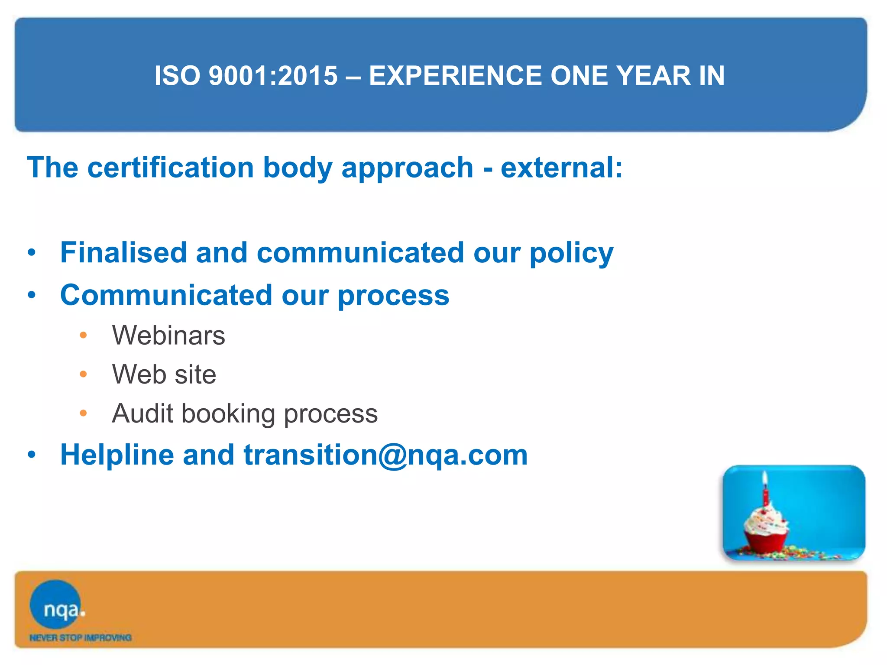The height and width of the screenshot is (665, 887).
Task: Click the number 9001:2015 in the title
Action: tap(273, 76)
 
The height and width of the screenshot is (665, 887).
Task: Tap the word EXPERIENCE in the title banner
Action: tap(455, 76)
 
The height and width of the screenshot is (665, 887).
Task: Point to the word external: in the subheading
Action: tap(561, 168)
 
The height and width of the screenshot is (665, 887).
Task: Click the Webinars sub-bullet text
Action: tap(168, 336)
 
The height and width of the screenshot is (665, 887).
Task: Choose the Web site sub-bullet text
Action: tap(164, 374)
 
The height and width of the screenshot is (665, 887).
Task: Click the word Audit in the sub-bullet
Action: tap(142, 413)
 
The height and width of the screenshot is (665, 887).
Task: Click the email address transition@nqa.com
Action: tap(385, 455)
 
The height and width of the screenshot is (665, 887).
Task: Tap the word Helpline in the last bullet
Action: tap(117, 455)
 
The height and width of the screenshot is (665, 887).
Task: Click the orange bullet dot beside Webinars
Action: tap(84, 336)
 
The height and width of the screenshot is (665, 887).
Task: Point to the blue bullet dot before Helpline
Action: tap(32, 455)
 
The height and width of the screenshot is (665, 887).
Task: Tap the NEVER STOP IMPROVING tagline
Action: tap(80, 638)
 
